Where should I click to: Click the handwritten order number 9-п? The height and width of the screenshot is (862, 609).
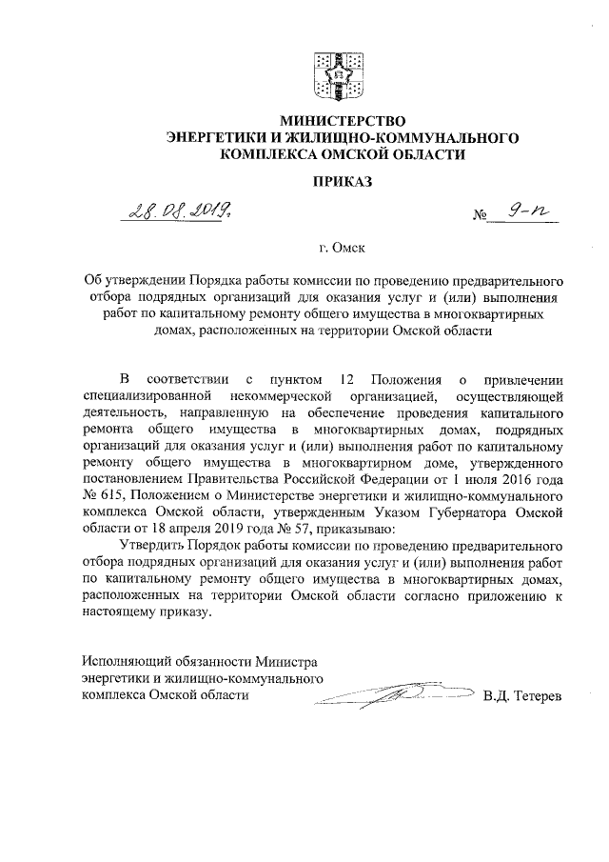click(x=528, y=216)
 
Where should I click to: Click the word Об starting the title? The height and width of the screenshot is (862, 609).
click(x=92, y=281)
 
